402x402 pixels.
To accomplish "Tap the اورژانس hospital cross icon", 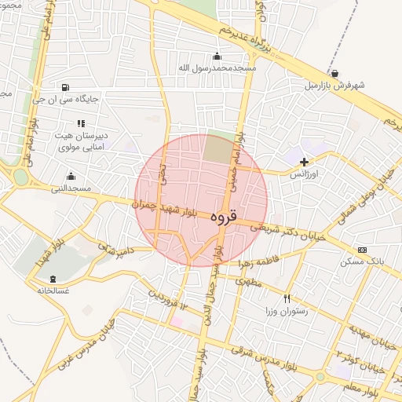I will coord(305,162).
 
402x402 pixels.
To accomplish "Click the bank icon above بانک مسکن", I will coord(362,250).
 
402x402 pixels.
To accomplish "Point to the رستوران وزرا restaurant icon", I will coord(287,298).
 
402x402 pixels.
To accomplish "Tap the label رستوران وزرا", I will coord(287,310).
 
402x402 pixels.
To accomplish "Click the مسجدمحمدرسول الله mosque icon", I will coord(217,56).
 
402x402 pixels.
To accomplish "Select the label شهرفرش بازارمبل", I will coord(335,85).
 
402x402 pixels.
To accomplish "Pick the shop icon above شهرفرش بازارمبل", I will coord(335,74).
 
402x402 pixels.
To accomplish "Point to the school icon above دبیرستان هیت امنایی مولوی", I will coord(80,123).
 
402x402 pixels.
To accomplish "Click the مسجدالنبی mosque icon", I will coord(71,176).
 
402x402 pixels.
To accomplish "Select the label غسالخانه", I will coord(53,290).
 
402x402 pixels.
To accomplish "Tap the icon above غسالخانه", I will coord(53,279).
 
